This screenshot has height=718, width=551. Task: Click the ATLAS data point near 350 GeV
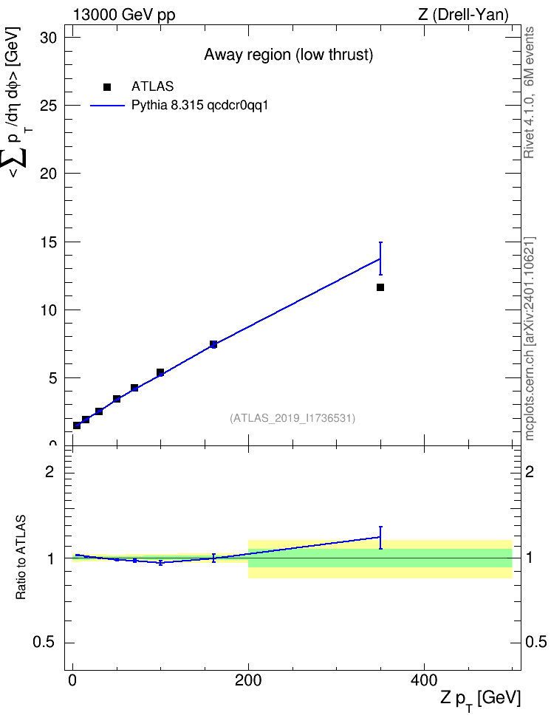[380, 287]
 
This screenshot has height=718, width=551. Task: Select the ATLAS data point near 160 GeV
[213, 344]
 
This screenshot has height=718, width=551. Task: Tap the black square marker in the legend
[107, 87]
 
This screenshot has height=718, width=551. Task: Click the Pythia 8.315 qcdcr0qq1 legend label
[199, 106]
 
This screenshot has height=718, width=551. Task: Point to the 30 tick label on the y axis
[48, 38]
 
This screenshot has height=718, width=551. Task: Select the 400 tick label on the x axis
[424, 680]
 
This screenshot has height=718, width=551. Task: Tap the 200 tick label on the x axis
[248, 680]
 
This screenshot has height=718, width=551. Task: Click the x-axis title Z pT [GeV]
[481, 700]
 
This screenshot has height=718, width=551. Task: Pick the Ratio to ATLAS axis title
[21, 557]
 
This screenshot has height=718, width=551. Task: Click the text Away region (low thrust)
[289, 55]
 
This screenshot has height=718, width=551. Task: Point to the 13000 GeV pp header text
[124, 15]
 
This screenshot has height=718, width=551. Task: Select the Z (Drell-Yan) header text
[463, 15]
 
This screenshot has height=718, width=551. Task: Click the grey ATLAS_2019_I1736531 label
[292, 418]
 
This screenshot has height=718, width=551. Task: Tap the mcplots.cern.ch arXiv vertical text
[530, 338]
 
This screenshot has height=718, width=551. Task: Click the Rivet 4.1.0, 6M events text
[529, 92]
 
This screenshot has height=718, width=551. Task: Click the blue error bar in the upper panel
[380, 259]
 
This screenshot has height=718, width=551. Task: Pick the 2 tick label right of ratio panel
[530, 471]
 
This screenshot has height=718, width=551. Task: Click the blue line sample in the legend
[107, 106]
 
